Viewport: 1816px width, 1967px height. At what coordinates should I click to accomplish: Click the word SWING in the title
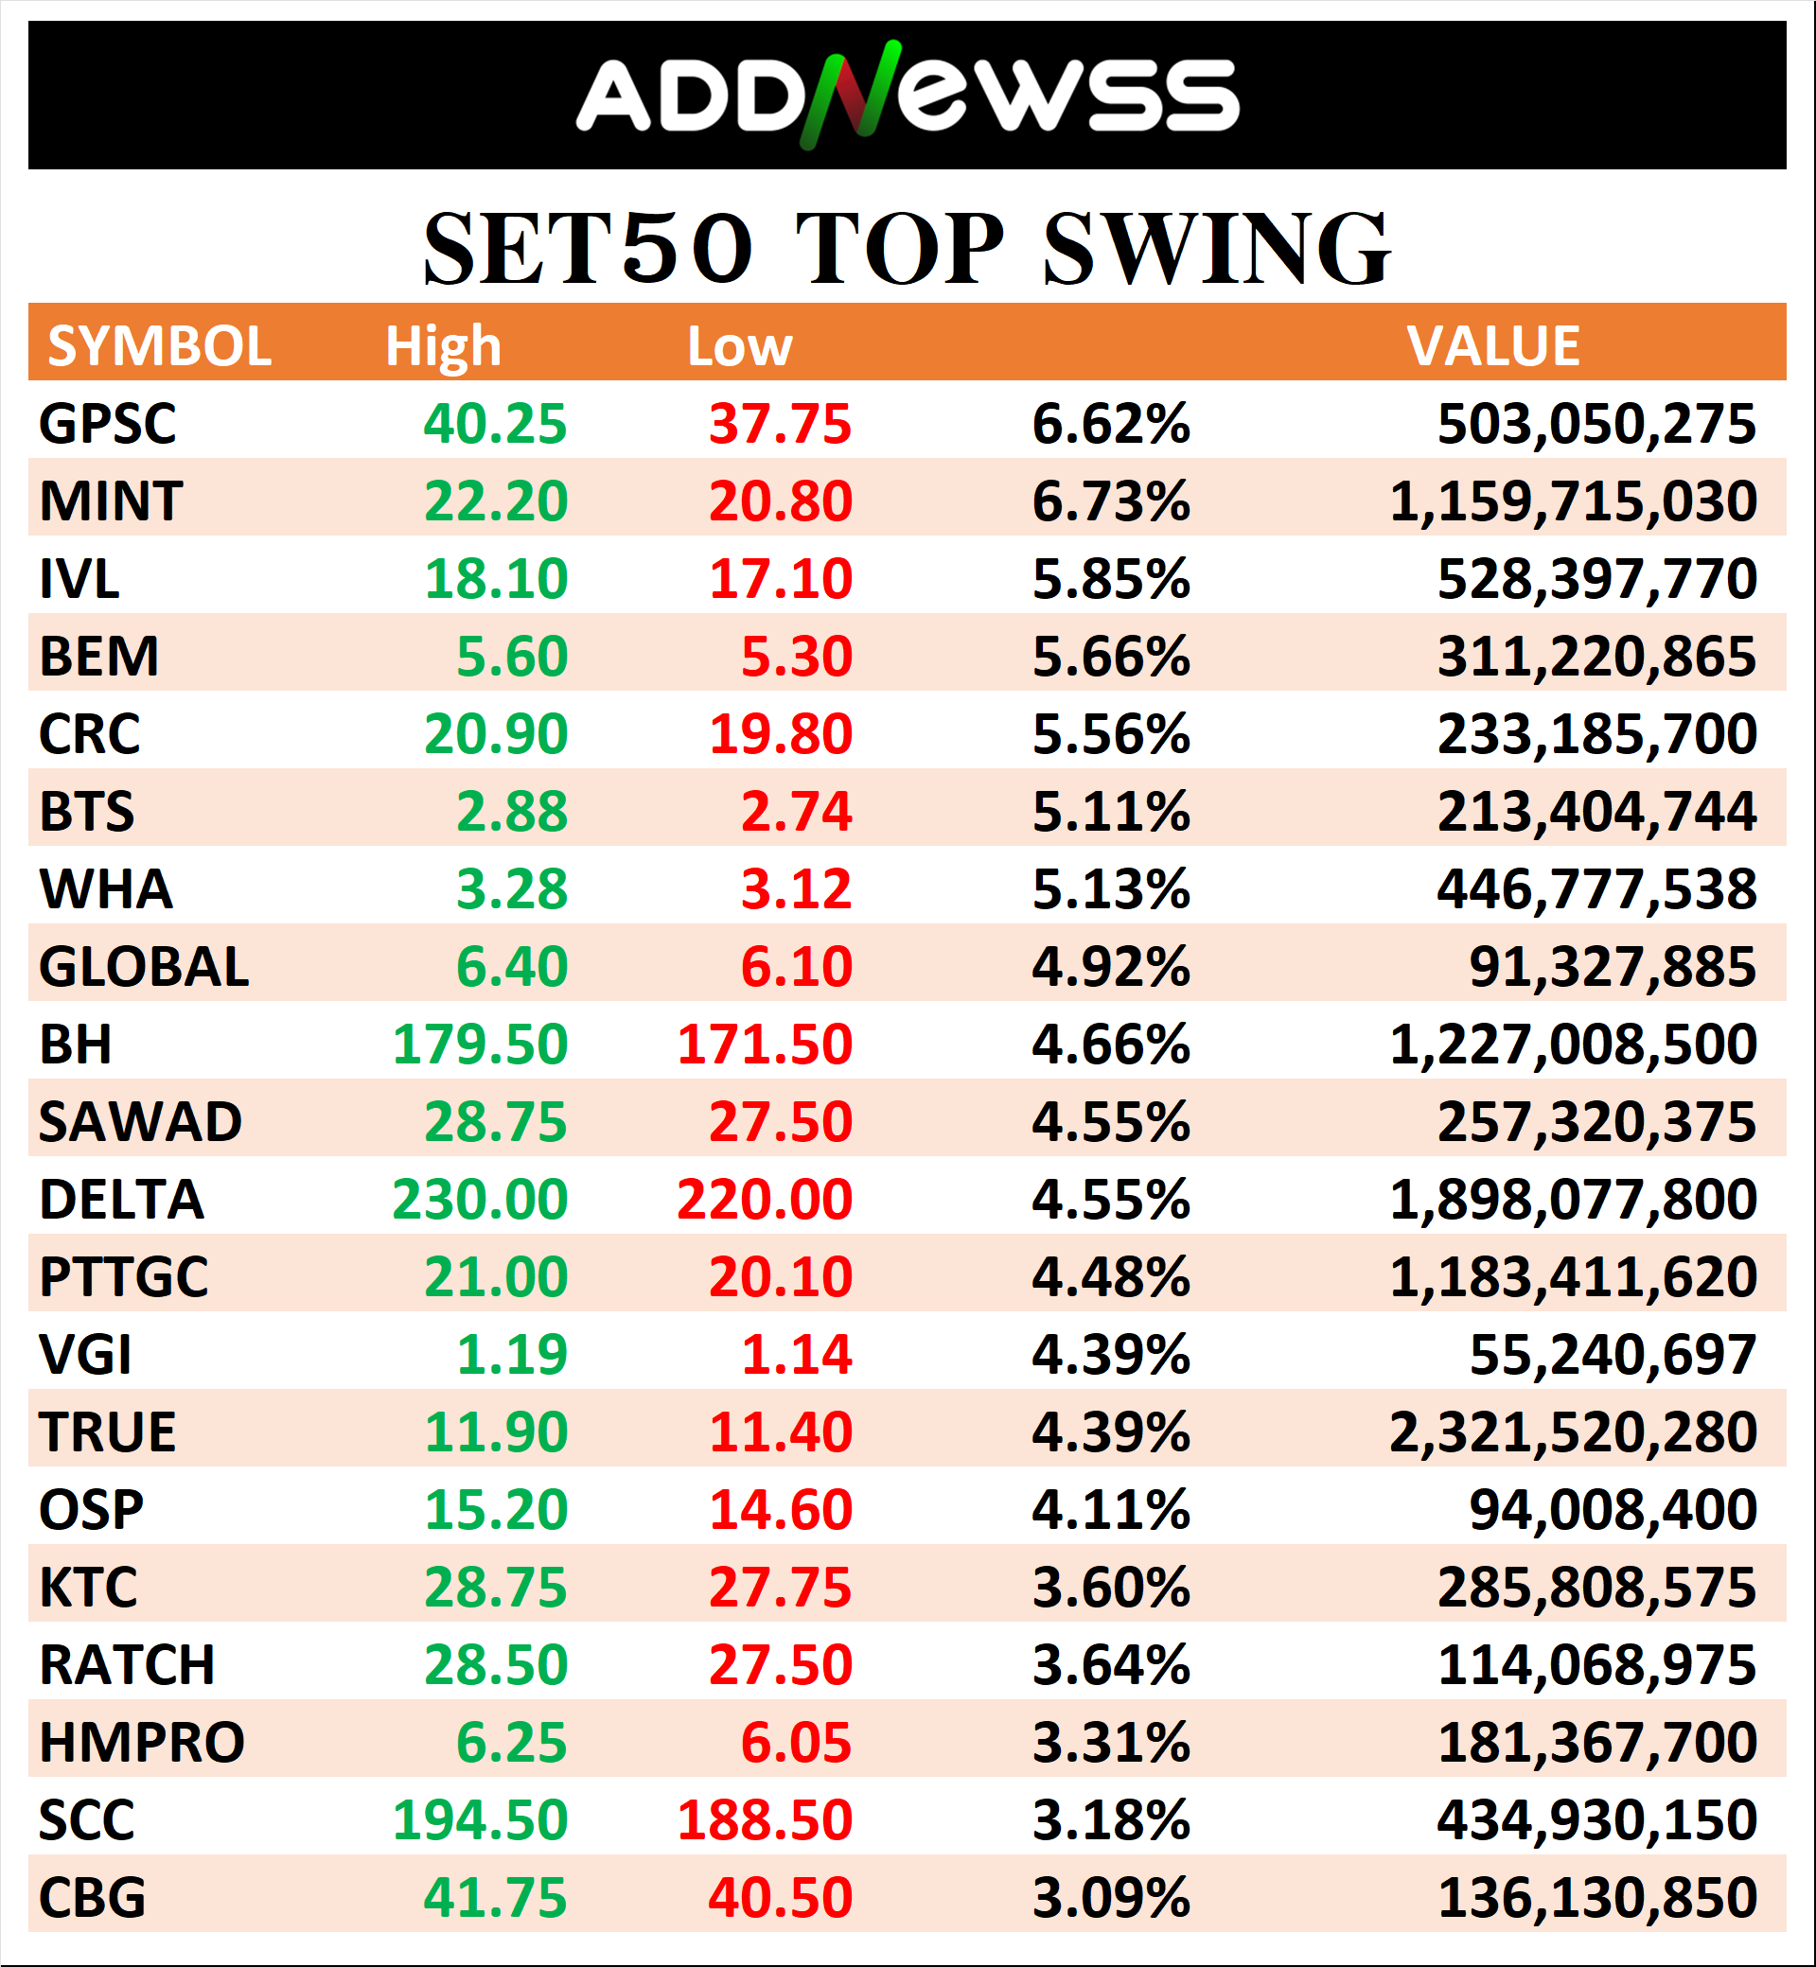click(x=1217, y=251)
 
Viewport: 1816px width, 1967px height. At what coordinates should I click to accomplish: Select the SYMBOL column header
click(x=159, y=346)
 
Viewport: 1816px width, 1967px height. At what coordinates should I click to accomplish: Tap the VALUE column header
click(x=1492, y=346)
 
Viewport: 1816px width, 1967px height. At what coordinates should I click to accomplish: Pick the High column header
click(x=442, y=346)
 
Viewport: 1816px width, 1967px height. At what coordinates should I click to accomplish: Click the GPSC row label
click(x=107, y=424)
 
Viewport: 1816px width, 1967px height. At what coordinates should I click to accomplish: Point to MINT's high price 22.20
click(x=495, y=501)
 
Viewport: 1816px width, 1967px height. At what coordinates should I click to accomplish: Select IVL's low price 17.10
click(x=781, y=579)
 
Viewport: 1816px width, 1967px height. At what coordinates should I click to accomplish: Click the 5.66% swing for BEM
click(x=1110, y=657)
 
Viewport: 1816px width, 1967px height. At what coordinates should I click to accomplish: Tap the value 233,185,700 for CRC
click(x=1596, y=734)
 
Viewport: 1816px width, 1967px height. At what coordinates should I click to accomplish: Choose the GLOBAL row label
click(x=144, y=967)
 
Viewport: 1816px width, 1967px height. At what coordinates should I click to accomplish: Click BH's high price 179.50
click(x=480, y=1045)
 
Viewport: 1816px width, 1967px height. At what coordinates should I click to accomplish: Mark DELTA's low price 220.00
click(x=765, y=1200)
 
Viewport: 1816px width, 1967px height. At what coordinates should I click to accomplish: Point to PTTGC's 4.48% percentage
click(x=1110, y=1277)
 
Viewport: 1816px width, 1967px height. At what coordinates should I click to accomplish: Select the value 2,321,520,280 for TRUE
click(x=1572, y=1432)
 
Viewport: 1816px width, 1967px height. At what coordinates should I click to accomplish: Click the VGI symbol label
click(x=84, y=1355)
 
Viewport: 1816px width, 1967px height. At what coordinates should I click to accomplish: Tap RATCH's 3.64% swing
click(x=1110, y=1665)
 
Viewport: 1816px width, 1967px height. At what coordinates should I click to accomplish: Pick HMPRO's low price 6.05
click(x=796, y=1743)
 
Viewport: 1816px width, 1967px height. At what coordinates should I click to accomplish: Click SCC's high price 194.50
click(x=480, y=1820)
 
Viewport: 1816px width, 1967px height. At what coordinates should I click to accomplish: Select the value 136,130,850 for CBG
click(x=1596, y=1898)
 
